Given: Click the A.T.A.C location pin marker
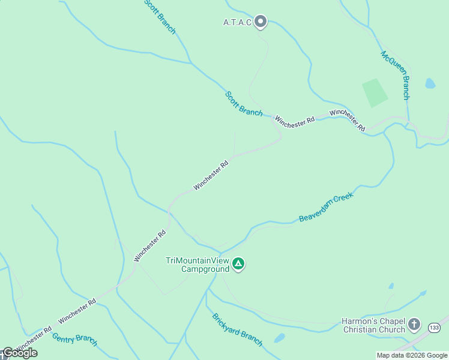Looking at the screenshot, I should click(260, 22).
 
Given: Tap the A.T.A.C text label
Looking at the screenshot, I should click(237, 23).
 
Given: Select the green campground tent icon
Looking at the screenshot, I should click(238, 264).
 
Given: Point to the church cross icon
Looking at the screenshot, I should click(414, 325).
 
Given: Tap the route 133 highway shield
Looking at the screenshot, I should click(434, 327).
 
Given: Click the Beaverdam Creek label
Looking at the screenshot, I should click(327, 208).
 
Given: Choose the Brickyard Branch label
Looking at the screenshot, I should click(237, 329).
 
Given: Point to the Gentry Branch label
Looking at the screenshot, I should click(74, 339).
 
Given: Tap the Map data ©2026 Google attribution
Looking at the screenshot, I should click(412, 355).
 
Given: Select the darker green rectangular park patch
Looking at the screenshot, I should click(375, 92).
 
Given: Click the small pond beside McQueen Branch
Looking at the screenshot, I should click(430, 83).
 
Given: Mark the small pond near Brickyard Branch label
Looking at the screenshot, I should click(279, 338).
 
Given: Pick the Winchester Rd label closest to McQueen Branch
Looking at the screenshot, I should click(348, 119).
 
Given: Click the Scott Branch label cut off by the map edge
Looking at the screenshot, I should click(160, 16).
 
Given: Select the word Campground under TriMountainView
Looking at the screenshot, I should click(205, 269).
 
